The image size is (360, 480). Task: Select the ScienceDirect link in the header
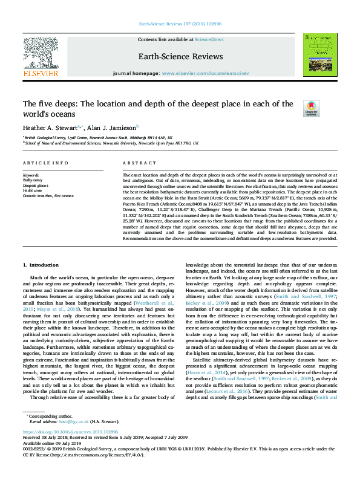(x=209, y=39)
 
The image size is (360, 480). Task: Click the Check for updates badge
(x=312, y=108)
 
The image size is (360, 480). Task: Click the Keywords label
(x=31, y=175)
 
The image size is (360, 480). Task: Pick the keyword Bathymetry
(x=33, y=180)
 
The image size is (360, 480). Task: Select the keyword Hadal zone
(x=33, y=190)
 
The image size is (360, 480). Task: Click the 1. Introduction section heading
(x=41, y=265)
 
